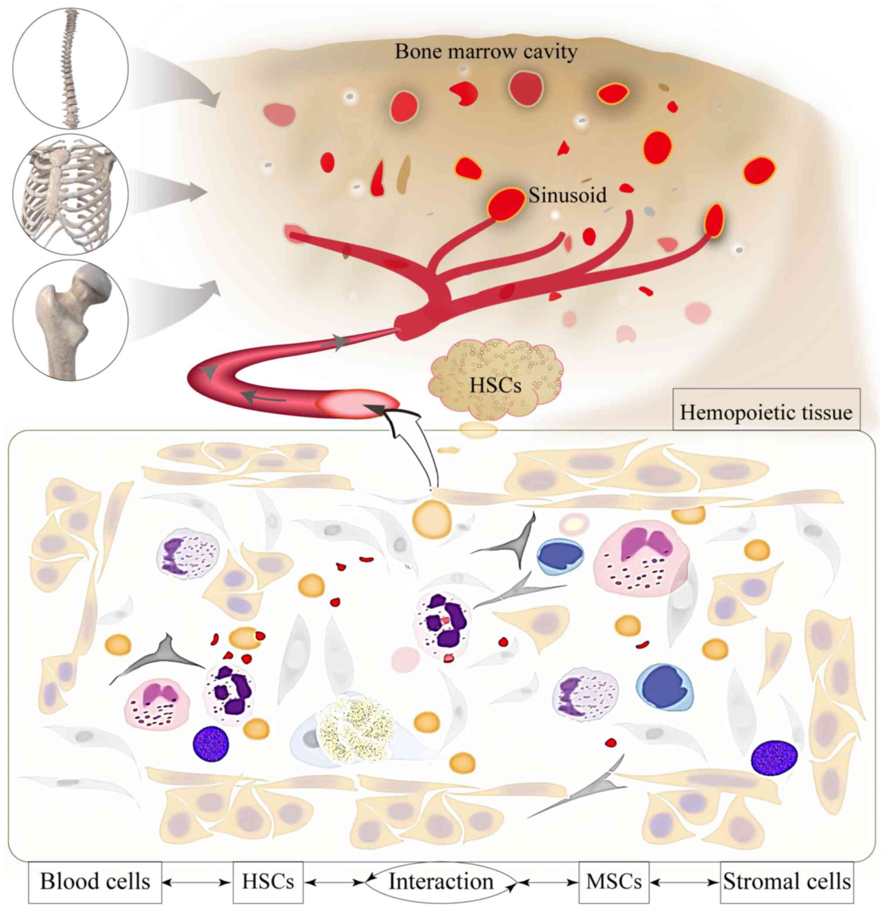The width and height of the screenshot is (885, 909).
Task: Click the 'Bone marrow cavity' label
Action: pyautogui.click(x=486, y=51)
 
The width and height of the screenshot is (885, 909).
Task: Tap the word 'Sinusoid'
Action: pyautogui.click(x=567, y=195)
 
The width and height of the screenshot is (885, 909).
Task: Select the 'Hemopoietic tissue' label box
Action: pyautogui.click(x=766, y=412)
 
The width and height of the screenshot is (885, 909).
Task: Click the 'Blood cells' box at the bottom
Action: pyautogui.click(x=95, y=881)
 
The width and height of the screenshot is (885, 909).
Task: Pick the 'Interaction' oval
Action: pyautogui.click(x=441, y=881)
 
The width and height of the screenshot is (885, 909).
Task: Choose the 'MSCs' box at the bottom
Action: pyautogui.click(x=614, y=881)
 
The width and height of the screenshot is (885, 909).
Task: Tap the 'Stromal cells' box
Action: pyautogui.click(x=787, y=881)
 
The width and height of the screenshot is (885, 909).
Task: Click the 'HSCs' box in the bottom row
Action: pyautogui.click(x=268, y=881)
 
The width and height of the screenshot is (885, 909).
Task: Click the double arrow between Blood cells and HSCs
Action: pyautogui.click(x=197, y=881)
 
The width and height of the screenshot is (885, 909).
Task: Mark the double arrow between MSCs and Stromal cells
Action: pyautogui.click(x=685, y=881)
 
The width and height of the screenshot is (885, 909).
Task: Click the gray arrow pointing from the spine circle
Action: pyautogui.click(x=176, y=79)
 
